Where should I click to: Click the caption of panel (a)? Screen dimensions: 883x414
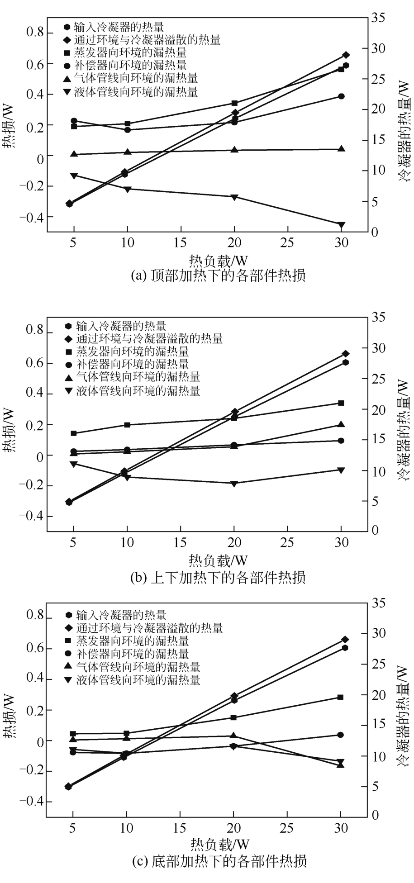tap(218, 275)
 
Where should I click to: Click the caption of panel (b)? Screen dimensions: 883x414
tap(218, 577)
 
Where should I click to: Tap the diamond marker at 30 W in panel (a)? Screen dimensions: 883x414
tap(346, 55)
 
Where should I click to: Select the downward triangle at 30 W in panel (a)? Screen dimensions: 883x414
tap(341, 225)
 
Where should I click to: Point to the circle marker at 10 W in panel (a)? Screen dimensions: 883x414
tap(128, 130)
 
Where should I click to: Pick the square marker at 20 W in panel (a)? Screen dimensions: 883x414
tap(234, 103)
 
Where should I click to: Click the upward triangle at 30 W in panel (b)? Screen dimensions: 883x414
tap(341, 424)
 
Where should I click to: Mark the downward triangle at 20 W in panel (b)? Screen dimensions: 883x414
tap(234, 484)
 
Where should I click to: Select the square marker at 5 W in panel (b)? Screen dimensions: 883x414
tap(74, 433)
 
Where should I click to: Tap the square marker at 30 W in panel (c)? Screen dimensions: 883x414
tap(341, 697)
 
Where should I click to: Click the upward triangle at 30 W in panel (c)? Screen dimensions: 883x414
tap(341, 764)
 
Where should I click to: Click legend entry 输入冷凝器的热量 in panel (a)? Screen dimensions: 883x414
tap(119, 27)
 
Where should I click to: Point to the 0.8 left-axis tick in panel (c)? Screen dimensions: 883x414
tap(34, 616)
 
